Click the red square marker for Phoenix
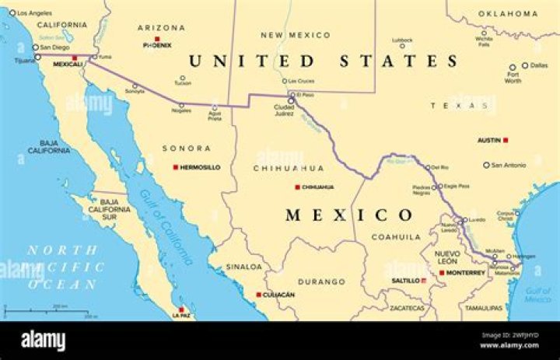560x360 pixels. [x=157, y=38]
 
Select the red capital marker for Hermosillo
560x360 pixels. [x=176, y=167]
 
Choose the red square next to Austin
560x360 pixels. [x=506, y=140]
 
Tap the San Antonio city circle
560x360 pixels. [x=486, y=165]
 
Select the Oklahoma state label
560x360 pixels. [x=507, y=13]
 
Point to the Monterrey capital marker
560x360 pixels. [x=442, y=273]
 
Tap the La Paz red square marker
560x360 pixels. [x=181, y=309]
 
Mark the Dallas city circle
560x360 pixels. [x=525, y=65]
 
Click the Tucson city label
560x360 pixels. [x=182, y=83]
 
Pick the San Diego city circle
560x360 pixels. [x=35, y=47]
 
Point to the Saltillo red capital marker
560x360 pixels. [x=423, y=280]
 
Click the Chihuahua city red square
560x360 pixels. [x=297, y=187]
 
